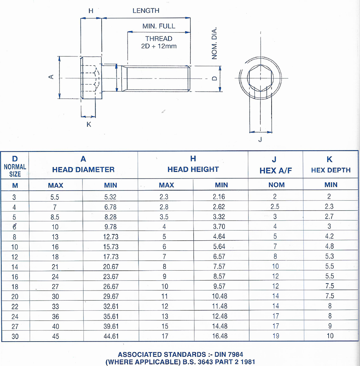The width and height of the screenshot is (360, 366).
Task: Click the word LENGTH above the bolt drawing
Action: point(146,11)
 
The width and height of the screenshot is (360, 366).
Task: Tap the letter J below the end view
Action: point(260,139)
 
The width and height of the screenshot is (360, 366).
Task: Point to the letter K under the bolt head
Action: point(89,124)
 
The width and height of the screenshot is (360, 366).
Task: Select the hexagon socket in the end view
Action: point(260,79)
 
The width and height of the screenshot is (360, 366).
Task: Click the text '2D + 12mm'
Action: point(159,46)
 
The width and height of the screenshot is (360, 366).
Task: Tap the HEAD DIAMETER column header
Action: point(83,169)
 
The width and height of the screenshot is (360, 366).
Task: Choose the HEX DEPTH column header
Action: point(331,170)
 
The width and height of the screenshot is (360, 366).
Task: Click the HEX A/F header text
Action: point(276,171)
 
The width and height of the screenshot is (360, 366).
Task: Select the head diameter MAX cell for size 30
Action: point(56,336)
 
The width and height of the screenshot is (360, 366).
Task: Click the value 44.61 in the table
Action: point(110,336)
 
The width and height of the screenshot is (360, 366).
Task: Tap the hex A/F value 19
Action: point(276,336)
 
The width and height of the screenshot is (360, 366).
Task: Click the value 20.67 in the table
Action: point(110,267)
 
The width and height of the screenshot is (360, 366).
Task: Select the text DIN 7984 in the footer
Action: point(225,354)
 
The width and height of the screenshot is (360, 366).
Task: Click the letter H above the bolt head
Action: point(91,11)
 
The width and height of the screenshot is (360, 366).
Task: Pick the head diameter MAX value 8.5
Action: point(56,217)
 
